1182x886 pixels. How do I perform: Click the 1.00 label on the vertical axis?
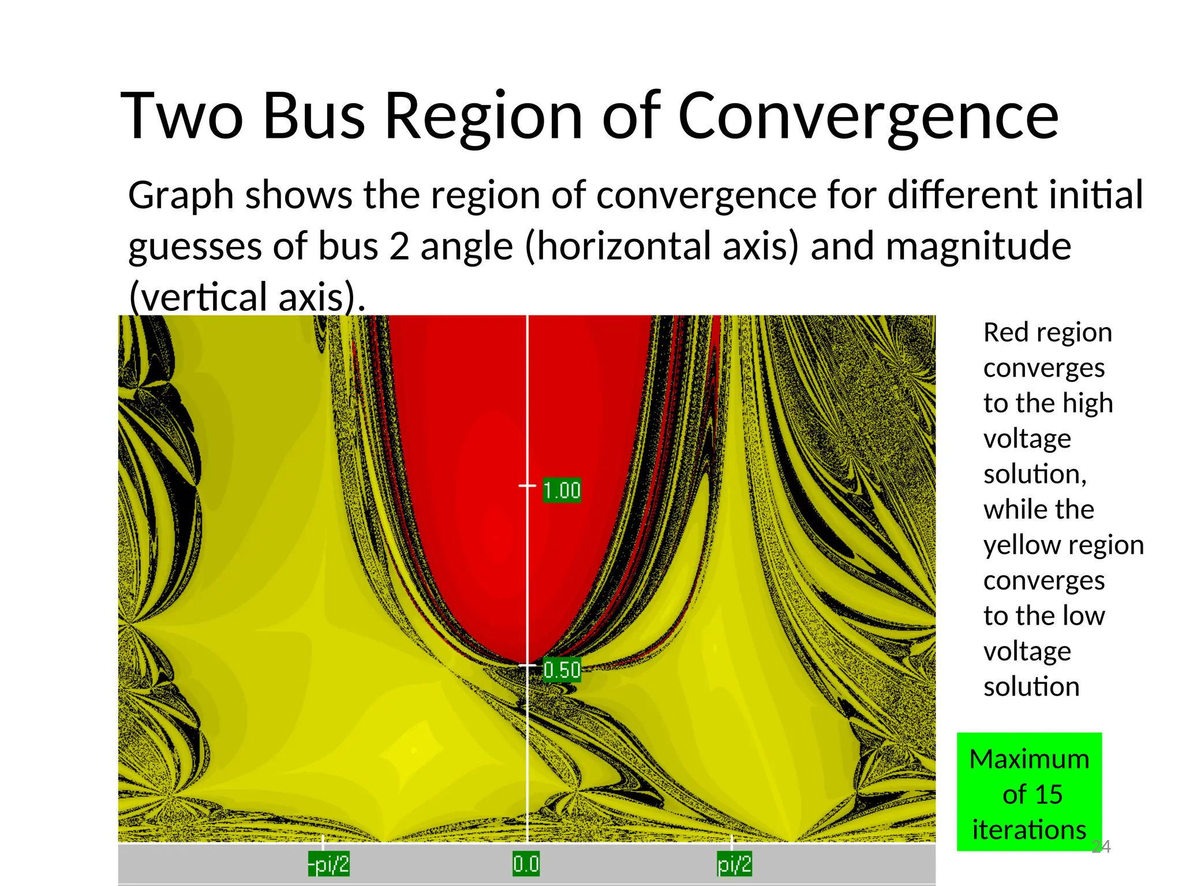pos(562,490)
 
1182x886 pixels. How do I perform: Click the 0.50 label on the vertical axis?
pos(562,670)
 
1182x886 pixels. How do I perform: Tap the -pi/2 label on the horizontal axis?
pos(328,864)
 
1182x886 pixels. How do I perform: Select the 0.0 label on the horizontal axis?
pos(526,864)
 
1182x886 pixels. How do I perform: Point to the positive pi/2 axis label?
pos(734,864)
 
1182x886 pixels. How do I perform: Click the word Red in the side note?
pos(1003,333)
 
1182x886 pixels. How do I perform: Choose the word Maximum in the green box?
pos(1029,759)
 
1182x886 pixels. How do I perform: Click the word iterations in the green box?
pos(1029,830)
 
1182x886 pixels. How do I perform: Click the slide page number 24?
pos(1102,846)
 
